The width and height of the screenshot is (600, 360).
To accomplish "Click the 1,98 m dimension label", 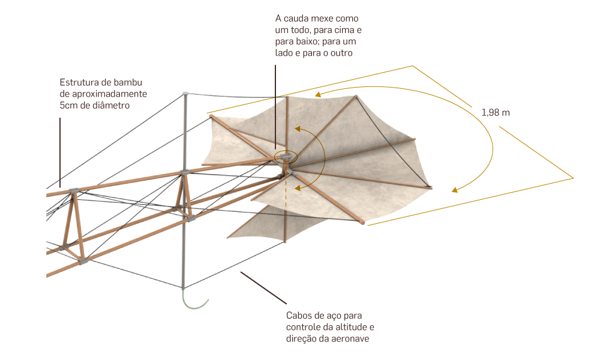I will coord(496,112).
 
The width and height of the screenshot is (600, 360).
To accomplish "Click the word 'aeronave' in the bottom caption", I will coord(349,339).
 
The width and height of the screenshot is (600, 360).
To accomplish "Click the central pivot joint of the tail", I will coord(287,157).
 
